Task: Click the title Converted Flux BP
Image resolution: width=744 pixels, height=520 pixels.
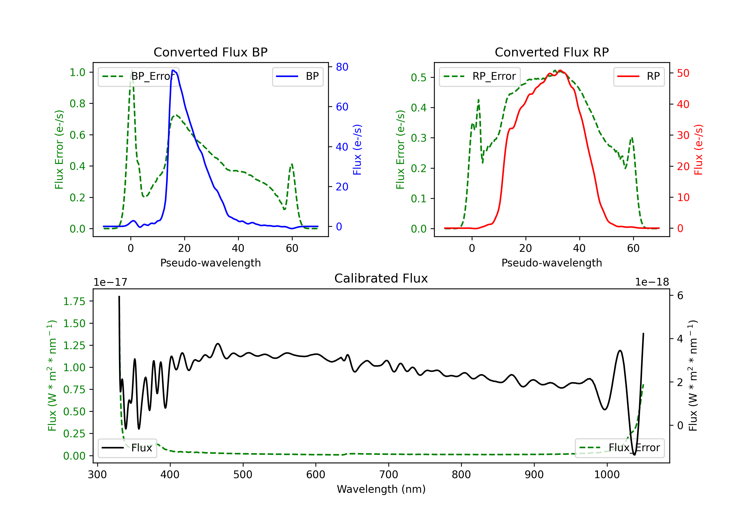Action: [210, 52]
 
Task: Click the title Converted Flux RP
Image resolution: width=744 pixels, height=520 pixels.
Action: [552, 52]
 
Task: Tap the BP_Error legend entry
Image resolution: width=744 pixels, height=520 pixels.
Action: [138, 76]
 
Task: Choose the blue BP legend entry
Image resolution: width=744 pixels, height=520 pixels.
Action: [297, 76]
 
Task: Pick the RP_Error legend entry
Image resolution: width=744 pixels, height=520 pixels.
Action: [480, 76]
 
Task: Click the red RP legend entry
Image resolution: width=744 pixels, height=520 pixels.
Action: [639, 76]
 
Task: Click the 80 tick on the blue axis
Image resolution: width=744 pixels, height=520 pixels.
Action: [342, 67]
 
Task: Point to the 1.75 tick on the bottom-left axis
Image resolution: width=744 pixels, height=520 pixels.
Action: [74, 301]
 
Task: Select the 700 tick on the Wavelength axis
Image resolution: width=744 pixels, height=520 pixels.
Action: [389, 474]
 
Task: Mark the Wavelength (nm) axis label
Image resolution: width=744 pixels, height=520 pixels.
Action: [381, 489]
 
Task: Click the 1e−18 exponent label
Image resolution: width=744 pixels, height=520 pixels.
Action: [652, 282]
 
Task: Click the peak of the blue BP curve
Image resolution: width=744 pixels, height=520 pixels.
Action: [173, 70]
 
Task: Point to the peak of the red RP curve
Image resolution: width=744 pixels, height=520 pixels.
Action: [560, 71]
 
